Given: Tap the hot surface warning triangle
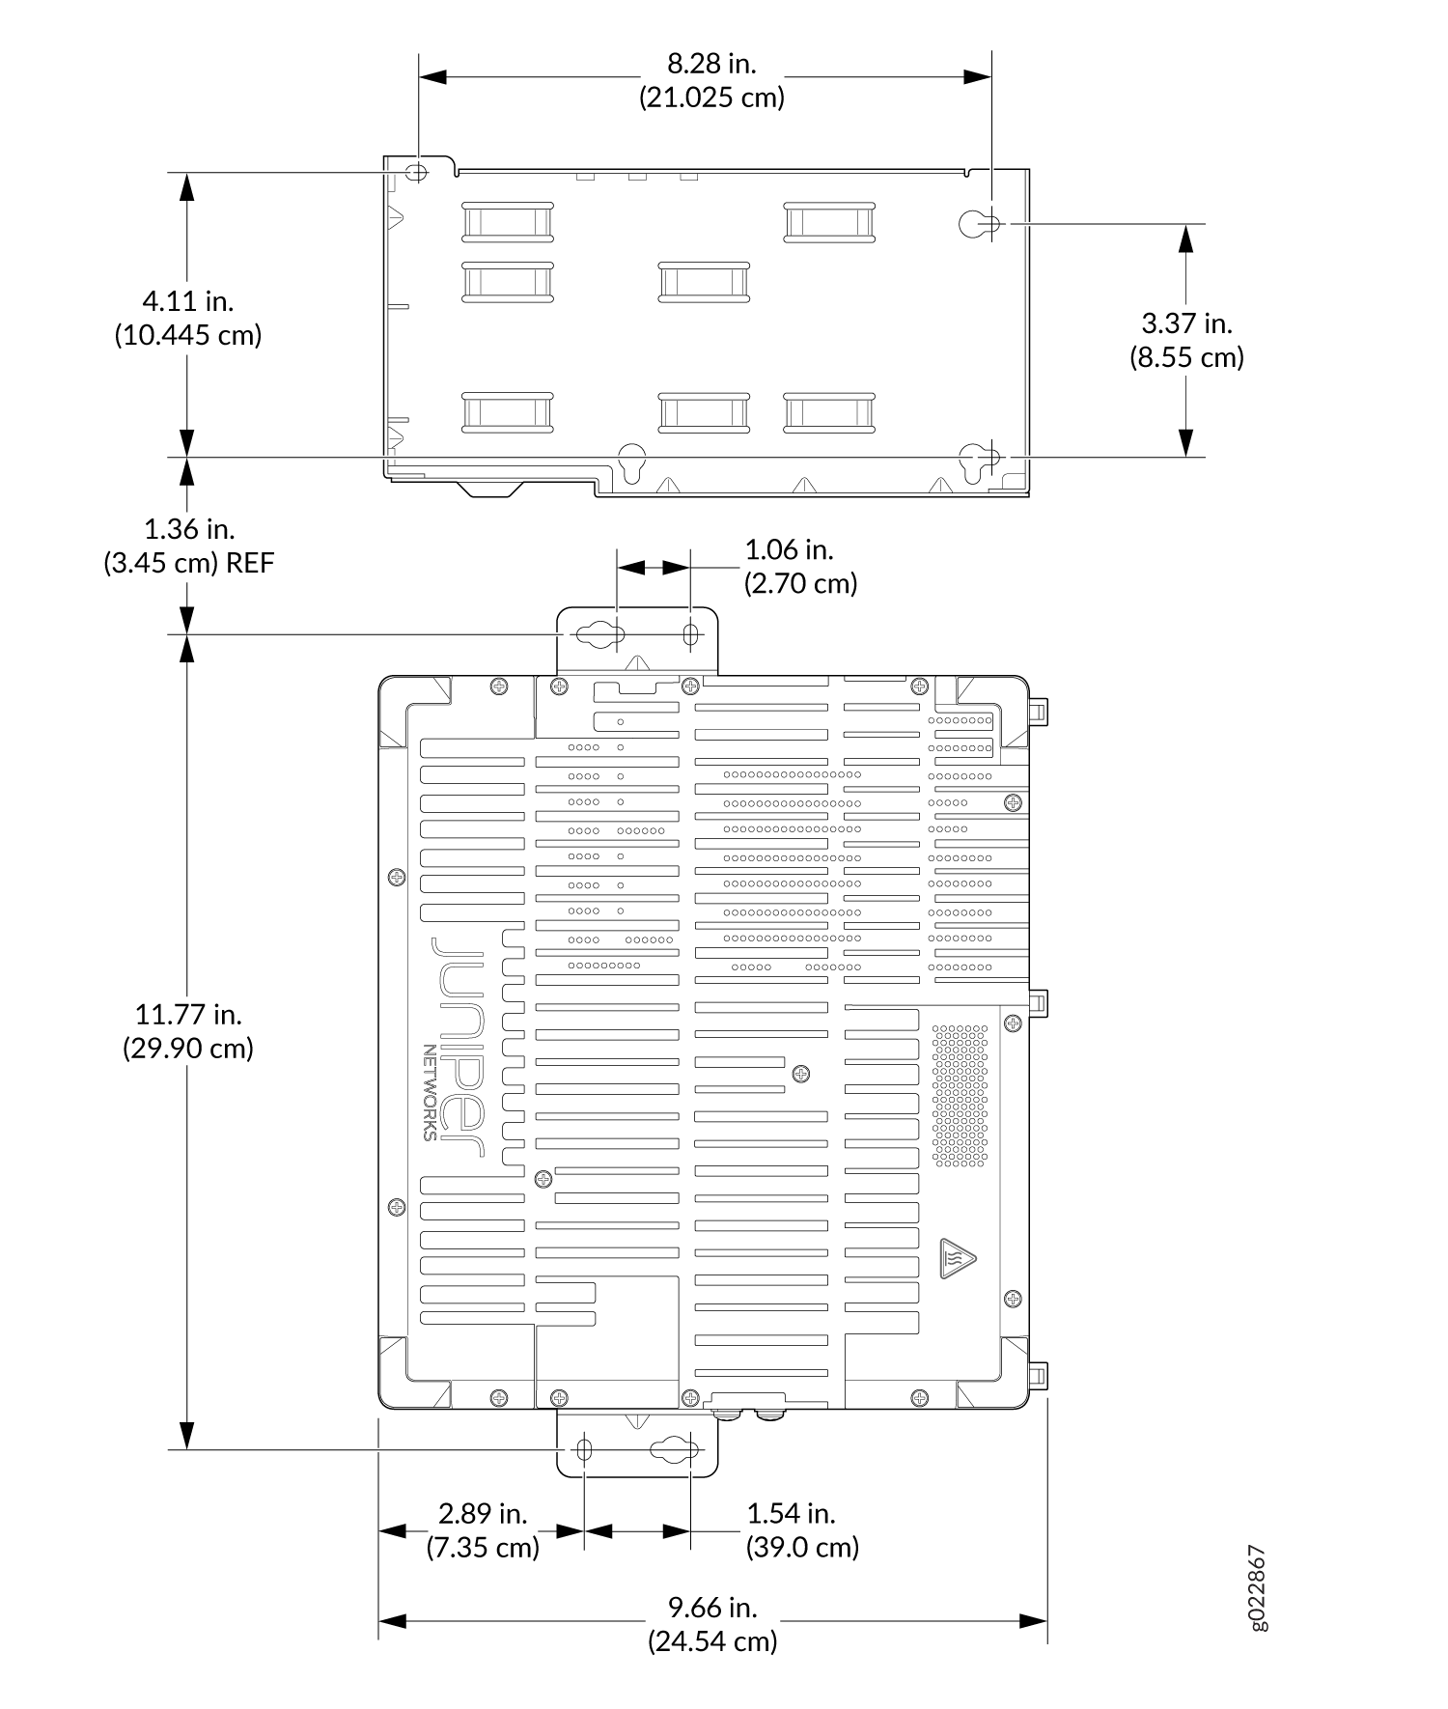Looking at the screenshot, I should pyautogui.click(x=957, y=1258).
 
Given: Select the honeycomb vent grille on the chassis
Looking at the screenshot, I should pyautogui.click(x=960, y=1094).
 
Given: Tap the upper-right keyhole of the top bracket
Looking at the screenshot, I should pyautogui.click(x=979, y=224).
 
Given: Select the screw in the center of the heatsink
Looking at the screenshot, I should pyautogui.click(x=800, y=1074).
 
